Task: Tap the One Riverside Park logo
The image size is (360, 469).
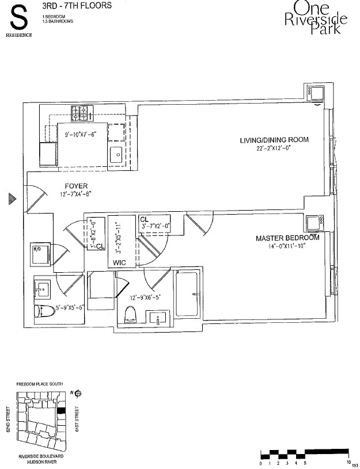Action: coord(316,18)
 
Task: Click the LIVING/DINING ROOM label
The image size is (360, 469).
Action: coord(274,140)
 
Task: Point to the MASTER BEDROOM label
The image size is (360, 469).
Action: coord(287,238)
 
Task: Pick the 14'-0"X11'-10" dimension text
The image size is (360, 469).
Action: coord(287,246)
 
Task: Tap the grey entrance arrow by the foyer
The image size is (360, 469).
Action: coord(11,199)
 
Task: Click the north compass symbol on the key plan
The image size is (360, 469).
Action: coord(77,394)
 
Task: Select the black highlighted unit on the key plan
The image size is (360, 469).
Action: coord(61,410)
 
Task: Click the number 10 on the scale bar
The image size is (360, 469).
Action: coord(348,462)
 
